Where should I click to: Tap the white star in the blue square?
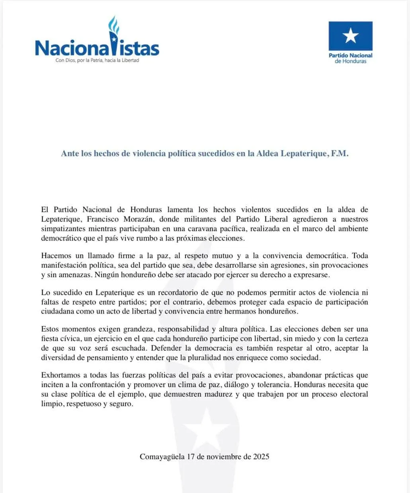click(350, 36)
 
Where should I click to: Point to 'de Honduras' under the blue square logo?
click(350, 61)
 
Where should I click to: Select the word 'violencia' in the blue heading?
click(141, 154)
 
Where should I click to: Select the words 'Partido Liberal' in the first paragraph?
click(262, 219)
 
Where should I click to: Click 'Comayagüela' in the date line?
click(162, 456)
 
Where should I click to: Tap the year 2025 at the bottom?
click(261, 456)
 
